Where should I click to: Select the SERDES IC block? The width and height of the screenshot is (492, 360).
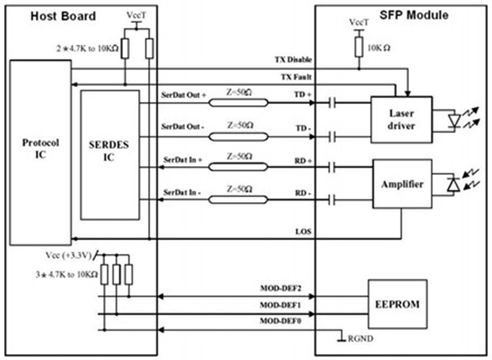110,154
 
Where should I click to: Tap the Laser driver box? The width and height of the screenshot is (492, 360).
401,119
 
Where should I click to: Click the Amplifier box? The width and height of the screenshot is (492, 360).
401,184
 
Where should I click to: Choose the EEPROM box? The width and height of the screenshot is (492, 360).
397,304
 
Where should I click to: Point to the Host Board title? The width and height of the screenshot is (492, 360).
63,16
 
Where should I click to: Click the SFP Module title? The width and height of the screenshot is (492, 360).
414,15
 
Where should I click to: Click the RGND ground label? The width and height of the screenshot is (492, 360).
361,338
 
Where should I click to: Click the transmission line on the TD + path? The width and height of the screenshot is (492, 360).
239,102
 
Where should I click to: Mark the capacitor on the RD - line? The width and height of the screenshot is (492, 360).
333,200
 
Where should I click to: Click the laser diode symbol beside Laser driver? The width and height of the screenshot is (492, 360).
454,120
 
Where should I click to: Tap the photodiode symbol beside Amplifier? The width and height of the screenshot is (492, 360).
453,185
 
